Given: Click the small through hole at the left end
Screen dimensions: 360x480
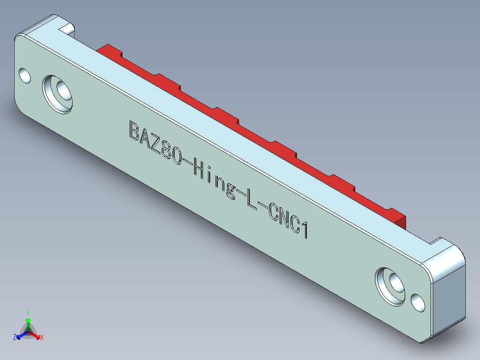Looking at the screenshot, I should click(24, 75).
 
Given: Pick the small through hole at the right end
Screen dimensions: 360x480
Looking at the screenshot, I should click(418, 303).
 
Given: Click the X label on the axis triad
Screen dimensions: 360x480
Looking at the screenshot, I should click(41, 338).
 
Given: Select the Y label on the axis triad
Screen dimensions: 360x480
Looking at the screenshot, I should click(28, 313).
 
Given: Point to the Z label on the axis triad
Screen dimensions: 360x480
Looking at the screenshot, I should click(15, 337).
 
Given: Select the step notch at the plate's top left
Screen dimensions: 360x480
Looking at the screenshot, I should click(67, 29).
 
